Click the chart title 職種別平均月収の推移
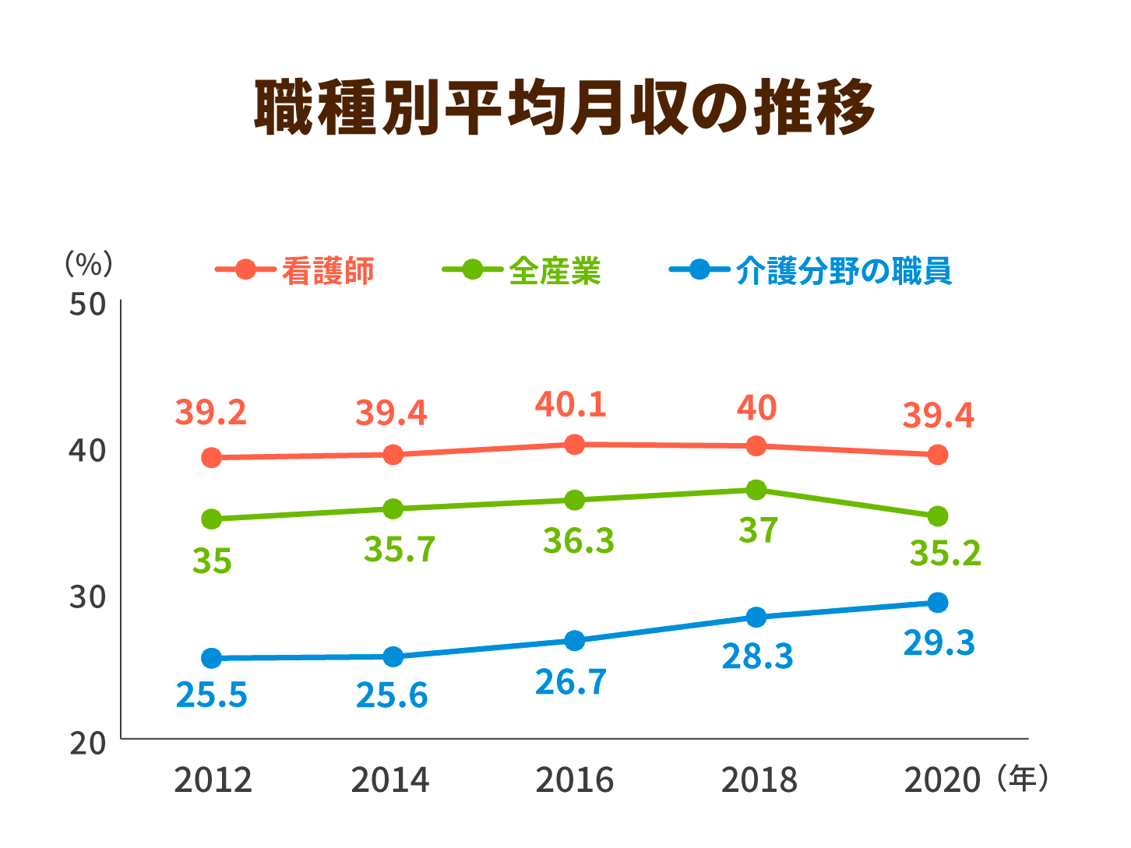(565, 107)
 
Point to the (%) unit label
(89, 264)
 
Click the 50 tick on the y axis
(87, 304)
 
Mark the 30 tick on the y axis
(87, 597)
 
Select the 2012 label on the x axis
(213, 780)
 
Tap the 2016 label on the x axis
(574, 780)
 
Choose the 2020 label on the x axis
(941, 780)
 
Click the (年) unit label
(1022, 779)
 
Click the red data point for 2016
(575, 445)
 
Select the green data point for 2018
(756, 490)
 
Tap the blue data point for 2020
(938, 603)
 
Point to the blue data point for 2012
(211, 659)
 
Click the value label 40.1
(570, 405)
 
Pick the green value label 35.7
(400, 550)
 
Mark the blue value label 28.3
(757, 656)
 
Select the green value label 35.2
(945, 554)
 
